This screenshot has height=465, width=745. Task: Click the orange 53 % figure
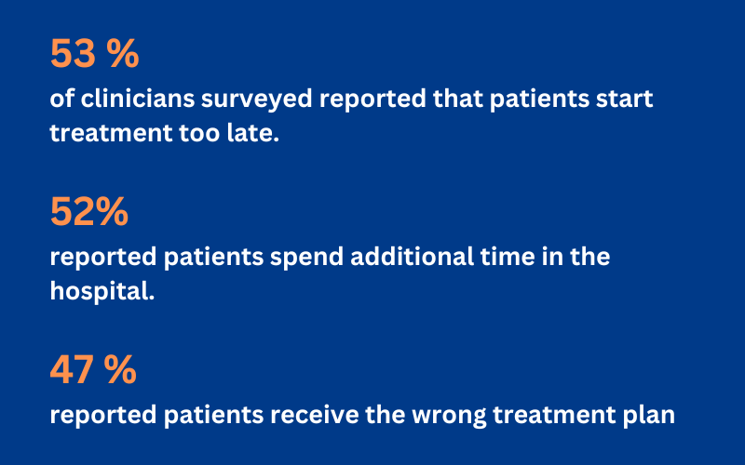click(94, 54)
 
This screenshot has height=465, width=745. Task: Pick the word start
click(624, 99)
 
